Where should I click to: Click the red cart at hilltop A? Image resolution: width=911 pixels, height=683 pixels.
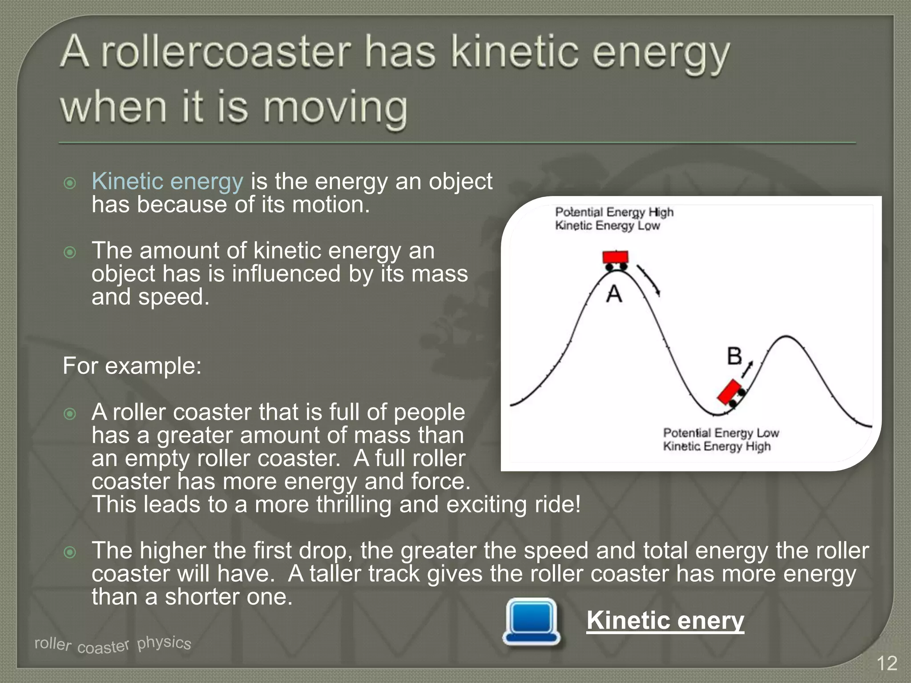pos(616,258)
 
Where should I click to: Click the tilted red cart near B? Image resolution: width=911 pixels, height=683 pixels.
pos(731,393)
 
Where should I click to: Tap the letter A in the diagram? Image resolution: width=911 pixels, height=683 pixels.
pos(614,294)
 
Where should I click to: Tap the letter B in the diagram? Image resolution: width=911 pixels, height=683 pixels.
pos(734,356)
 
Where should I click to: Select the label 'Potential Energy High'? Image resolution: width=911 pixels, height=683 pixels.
pos(614,212)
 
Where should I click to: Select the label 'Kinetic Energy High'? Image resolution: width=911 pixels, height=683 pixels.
pos(717,446)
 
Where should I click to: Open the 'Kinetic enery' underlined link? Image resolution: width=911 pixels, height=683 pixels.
pos(665,620)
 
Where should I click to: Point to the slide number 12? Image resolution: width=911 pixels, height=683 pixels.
pos(887,663)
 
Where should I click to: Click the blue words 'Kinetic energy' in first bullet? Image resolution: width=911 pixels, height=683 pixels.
pos(167,181)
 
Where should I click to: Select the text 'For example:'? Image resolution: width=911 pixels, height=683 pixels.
pos(132,366)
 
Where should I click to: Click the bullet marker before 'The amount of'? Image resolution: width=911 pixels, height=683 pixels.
pos(70,253)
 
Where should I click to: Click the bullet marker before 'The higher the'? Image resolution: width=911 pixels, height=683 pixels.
pos(70,552)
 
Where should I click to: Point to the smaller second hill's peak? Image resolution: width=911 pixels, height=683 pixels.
pos(787,337)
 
